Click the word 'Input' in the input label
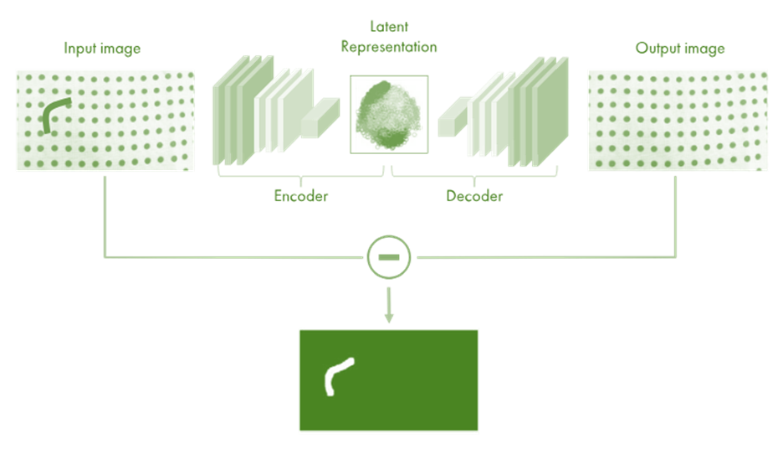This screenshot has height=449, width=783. [x=81, y=49]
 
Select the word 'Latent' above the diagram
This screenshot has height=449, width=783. [x=389, y=27]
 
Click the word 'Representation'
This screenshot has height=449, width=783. [x=389, y=47]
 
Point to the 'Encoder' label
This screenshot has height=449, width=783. [x=301, y=197]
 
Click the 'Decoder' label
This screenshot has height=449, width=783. [x=474, y=197]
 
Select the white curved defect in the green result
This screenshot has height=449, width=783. [x=336, y=376]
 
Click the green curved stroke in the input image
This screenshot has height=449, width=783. [x=55, y=112]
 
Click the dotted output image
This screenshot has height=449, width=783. [x=677, y=121]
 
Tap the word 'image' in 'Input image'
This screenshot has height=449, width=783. [x=120, y=49]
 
